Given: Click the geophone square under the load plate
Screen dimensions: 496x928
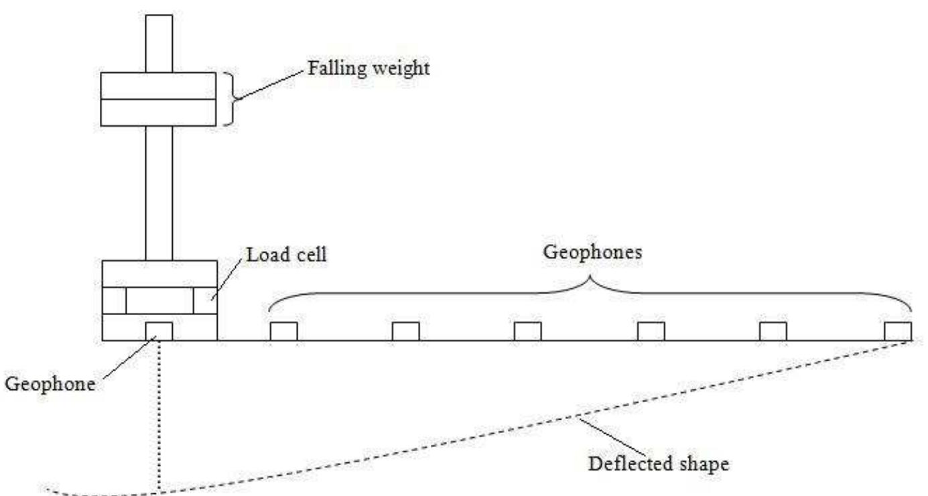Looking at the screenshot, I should pos(159,331).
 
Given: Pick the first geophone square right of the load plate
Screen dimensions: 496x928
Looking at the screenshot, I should pos(283,331).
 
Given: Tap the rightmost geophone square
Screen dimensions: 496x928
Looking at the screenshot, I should pos(898,331).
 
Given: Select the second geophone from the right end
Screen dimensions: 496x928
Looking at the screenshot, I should pos(773,331).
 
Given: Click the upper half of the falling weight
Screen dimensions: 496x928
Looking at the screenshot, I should pos(158,86).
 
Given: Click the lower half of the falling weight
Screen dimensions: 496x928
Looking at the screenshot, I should pos(158,113).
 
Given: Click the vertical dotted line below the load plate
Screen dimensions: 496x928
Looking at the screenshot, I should pos(159,416).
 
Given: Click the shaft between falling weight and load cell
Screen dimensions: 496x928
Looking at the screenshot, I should pos(159,192).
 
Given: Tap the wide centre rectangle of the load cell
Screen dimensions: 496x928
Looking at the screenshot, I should pos(159,300).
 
